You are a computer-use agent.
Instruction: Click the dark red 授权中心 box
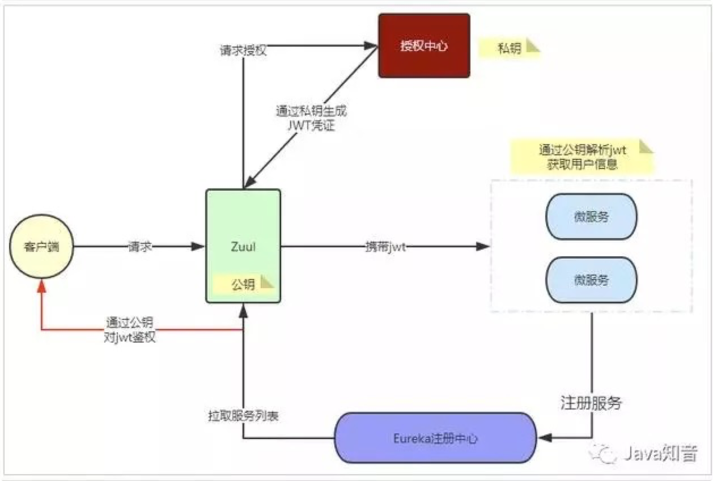click(x=424, y=45)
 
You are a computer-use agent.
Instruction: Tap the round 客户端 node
click(x=41, y=247)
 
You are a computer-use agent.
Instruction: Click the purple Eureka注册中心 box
click(x=435, y=438)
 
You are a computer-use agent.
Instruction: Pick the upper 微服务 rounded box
click(x=591, y=217)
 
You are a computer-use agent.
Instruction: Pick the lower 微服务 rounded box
click(x=591, y=280)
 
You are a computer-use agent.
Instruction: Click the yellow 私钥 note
click(x=509, y=48)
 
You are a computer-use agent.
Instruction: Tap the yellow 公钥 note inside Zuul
click(x=244, y=284)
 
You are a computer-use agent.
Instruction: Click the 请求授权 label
click(x=243, y=50)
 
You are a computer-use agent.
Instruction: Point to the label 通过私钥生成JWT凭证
click(x=311, y=118)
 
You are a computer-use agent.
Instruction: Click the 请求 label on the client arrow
click(x=139, y=247)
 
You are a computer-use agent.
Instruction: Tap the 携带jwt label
click(x=385, y=247)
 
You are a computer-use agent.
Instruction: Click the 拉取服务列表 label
click(x=243, y=415)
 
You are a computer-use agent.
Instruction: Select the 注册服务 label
click(x=591, y=403)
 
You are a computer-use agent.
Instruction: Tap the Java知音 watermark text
click(x=659, y=453)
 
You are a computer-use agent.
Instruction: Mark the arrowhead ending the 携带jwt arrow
click(x=483, y=247)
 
